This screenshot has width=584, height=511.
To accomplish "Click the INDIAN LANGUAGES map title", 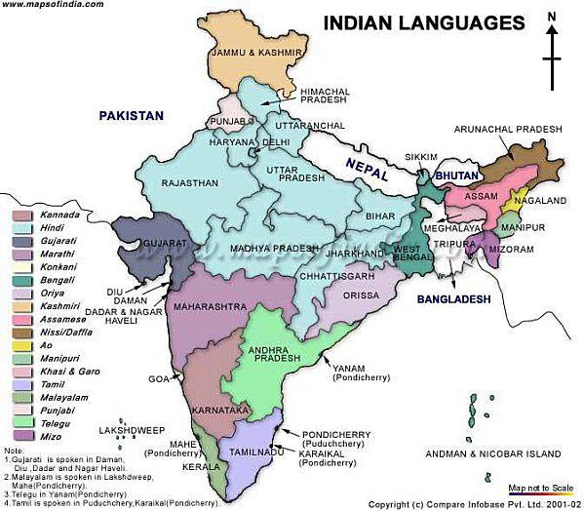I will click(423, 21).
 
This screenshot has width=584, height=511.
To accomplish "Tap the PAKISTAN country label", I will click(132, 115).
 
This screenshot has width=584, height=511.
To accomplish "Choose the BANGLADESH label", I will click(453, 299).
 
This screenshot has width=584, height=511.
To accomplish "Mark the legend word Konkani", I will click(59, 265).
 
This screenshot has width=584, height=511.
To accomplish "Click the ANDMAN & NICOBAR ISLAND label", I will click(493, 454).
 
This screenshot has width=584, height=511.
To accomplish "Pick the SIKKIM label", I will click(419, 156).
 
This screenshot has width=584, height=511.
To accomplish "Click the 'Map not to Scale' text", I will click(539, 490).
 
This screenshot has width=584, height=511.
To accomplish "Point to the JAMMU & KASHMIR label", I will click(250, 52).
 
